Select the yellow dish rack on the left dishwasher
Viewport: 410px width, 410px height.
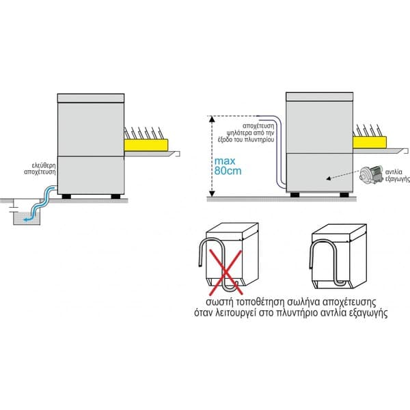(146, 143)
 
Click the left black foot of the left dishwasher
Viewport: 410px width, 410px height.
(68, 196)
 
